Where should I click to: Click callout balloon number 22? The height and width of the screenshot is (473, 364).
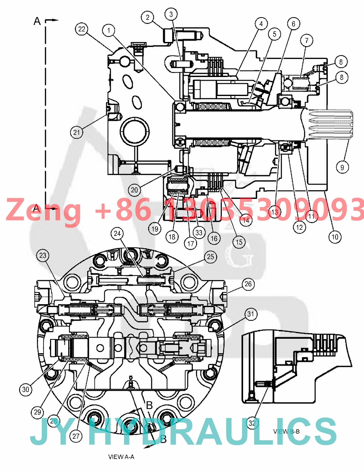[x=82, y=29]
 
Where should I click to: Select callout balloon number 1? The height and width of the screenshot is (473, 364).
[x=109, y=30]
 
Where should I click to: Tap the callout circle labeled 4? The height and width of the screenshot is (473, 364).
[x=261, y=24]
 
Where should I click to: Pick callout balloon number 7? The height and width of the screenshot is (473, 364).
[x=307, y=41]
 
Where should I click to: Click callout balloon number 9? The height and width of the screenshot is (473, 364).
[x=342, y=167]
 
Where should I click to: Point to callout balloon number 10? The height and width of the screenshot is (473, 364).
[x=335, y=237]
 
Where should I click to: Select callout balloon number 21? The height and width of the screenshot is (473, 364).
[x=77, y=132]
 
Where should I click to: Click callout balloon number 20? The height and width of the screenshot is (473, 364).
[x=134, y=190]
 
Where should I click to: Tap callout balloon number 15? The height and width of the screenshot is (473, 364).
[x=239, y=242]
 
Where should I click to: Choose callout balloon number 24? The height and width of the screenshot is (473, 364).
[x=117, y=233]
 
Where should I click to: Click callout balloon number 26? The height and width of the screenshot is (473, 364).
[x=248, y=284]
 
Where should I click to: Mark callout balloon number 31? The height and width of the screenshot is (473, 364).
[x=250, y=314]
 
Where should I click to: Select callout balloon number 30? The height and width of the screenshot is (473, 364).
[x=26, y=389]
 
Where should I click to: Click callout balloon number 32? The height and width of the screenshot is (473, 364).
[x=252, y=423]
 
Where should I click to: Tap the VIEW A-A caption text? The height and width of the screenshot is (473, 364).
[x=121, y=457]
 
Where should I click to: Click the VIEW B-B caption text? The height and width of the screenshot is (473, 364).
[x=286, y=432]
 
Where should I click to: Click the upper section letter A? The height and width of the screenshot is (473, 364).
[x=37, y=21]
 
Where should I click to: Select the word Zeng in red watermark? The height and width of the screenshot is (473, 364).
[x=43, y=210]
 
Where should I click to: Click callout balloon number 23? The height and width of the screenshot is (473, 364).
[x=43, y=255]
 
